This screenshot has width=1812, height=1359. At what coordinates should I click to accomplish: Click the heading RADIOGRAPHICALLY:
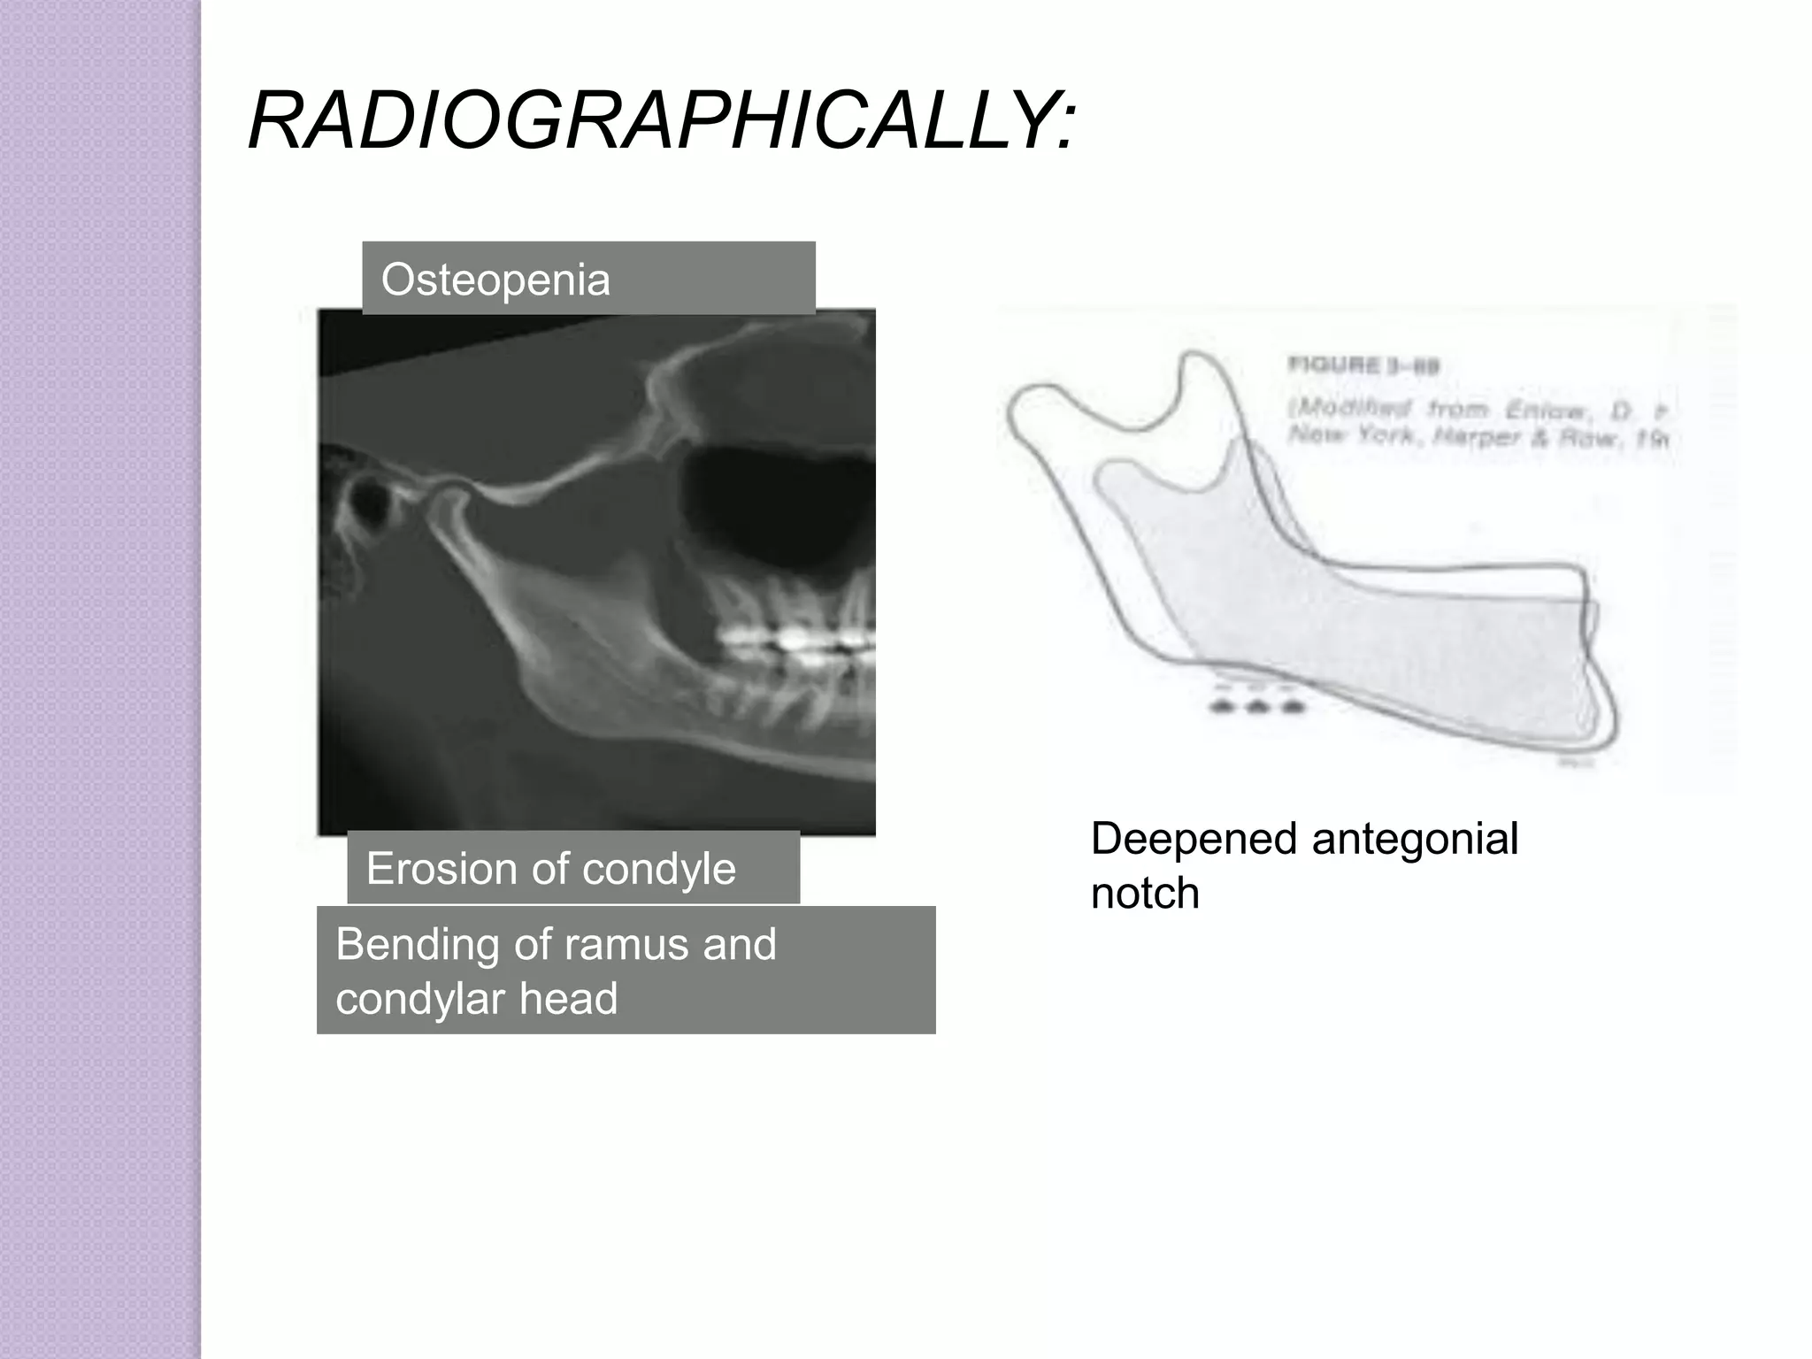pyautogui.click(x=662, y=121)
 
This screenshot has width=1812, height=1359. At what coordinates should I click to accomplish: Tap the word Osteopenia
pyautogui.click(x=495, y=280)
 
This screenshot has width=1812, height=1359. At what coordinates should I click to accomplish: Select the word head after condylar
pyautogui.click(x=568, y=999)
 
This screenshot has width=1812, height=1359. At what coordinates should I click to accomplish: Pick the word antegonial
pyautogui.click(x=1415, y=839)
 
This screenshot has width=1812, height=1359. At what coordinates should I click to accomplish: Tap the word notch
pyautogui.click(x=1145, y=894)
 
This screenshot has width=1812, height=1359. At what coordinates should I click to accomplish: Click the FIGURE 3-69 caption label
pyautogui.click(x=1363, y=366)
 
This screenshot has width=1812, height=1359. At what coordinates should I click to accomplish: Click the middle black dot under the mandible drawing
pyautogui.click(x=1256, y=706)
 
